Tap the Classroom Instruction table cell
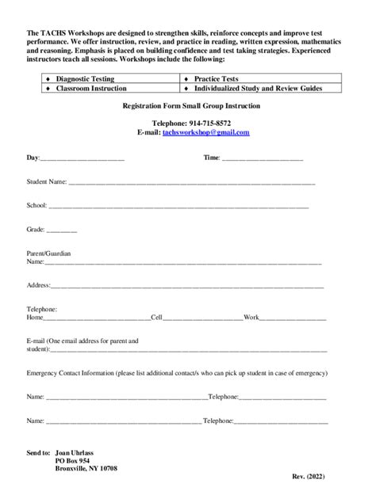91,89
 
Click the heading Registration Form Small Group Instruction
190,106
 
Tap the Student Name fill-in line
191,184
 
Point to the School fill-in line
178,207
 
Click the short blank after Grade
62,230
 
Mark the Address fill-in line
187,286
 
